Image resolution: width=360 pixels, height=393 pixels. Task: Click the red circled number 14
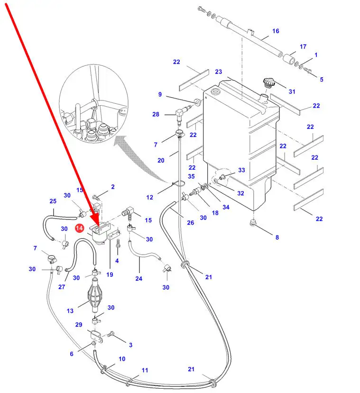[x=80, y=228]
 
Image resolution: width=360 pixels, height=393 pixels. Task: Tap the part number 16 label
[x=276, y=31]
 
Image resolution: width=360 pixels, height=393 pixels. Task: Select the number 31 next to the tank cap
[x=292, y=91]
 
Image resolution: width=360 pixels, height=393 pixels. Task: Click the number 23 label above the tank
[x=218, y=72]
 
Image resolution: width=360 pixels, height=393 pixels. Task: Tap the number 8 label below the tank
[x=277, y=237]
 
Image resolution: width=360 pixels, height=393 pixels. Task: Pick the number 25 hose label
[x=53, y=201]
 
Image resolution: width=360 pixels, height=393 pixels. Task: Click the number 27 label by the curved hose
[x=62, y=287]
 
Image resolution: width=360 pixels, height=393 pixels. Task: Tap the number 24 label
[x=138, y=279]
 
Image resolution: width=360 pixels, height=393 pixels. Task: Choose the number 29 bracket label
[x=79, y=325]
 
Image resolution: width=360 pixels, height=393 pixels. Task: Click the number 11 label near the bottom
[x=145, y=370]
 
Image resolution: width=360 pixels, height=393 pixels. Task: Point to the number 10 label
[x=122, y=359]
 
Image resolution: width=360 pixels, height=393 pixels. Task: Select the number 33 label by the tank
[x=241, y=170]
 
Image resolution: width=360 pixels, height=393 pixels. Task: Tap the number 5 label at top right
[x=321, y=79]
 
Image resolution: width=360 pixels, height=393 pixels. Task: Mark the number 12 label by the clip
[x=149, y=197]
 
